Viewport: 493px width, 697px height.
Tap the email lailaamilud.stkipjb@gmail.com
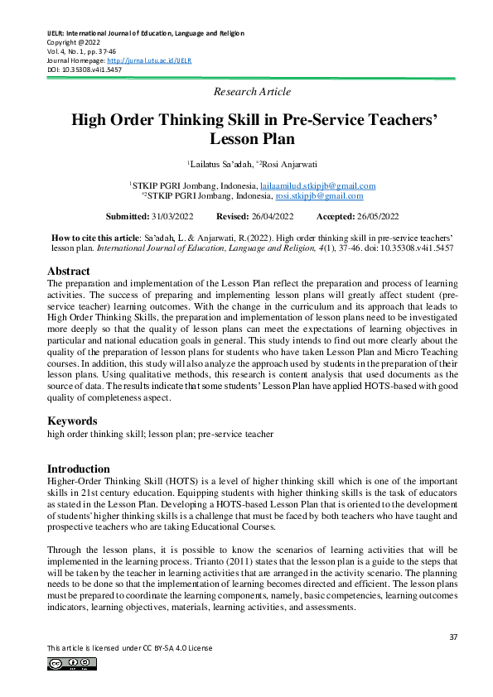(317, 186)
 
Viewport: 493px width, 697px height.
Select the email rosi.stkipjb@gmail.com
(322, 196)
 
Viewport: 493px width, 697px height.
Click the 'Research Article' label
(252, 91)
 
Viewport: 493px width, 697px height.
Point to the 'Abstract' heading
(69, 271)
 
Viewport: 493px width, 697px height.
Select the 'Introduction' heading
(79, 469)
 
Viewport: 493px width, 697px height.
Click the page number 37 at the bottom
(452, 637)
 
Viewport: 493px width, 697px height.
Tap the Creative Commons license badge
(72, 663)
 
